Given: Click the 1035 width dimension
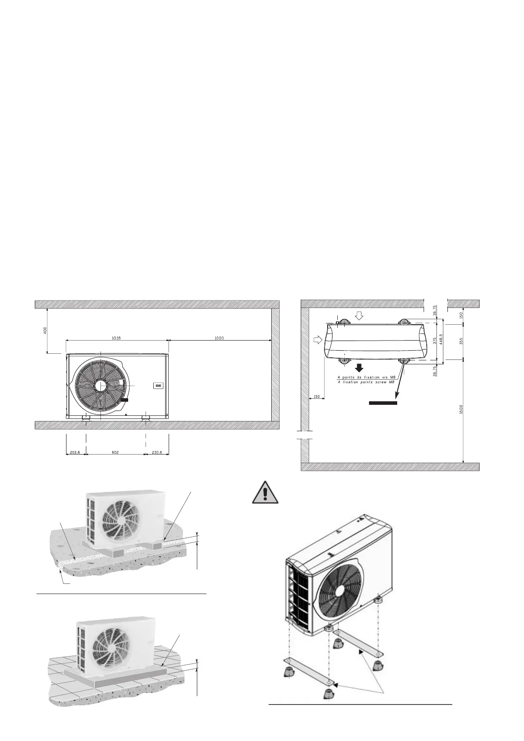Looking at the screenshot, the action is coord(116,338).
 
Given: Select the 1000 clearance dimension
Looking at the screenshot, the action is coord(219,338).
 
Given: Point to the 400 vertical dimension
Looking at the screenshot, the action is coord(44,330).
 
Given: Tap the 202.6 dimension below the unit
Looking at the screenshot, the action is coord(75,452).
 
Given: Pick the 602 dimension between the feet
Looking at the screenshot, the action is coord(115,452).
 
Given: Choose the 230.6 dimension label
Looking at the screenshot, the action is coord(157,452).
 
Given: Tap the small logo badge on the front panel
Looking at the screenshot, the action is coord(159,386).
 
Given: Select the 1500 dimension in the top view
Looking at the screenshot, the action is coord(461,409).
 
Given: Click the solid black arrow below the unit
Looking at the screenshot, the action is coord(359,367).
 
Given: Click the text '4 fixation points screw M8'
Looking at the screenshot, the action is coord(365,382).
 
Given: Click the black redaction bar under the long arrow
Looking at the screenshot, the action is coord(383,402).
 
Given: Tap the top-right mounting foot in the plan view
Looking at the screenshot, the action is coord(404,323).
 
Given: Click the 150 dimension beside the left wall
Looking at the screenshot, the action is coord(316,397).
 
